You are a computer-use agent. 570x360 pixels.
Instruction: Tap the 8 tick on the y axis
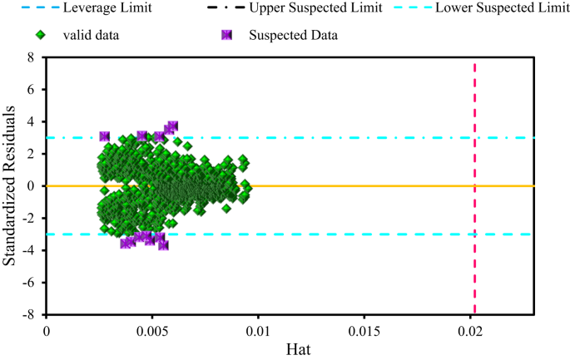click(x=33, y=57)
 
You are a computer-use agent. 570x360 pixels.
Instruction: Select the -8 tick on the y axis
click(x=31, y=315)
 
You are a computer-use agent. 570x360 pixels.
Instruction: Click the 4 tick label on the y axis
click(x=33, y=121)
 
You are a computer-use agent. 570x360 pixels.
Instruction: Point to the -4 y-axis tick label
click(x=31, y=250)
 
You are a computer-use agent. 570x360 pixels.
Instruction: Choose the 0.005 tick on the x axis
click(x=152, y=330)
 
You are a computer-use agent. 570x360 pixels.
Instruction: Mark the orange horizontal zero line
click(x=374, y=185)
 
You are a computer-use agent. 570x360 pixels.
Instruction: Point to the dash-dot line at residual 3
click(x=374, y=137)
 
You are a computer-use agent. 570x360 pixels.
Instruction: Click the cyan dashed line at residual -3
click(x=374, y=234)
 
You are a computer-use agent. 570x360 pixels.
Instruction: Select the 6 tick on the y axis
click(x=33, y=90)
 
